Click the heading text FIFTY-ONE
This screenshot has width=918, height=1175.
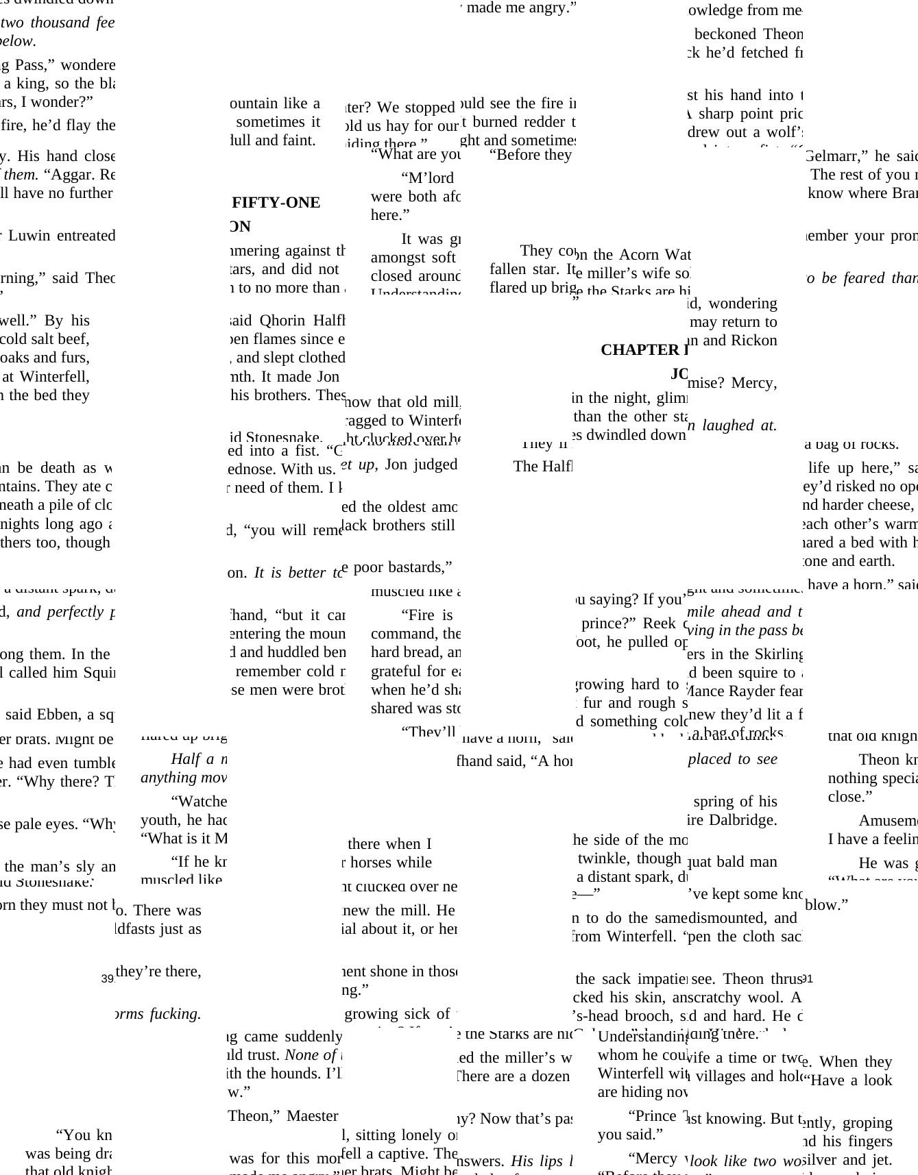coord(276,203)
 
